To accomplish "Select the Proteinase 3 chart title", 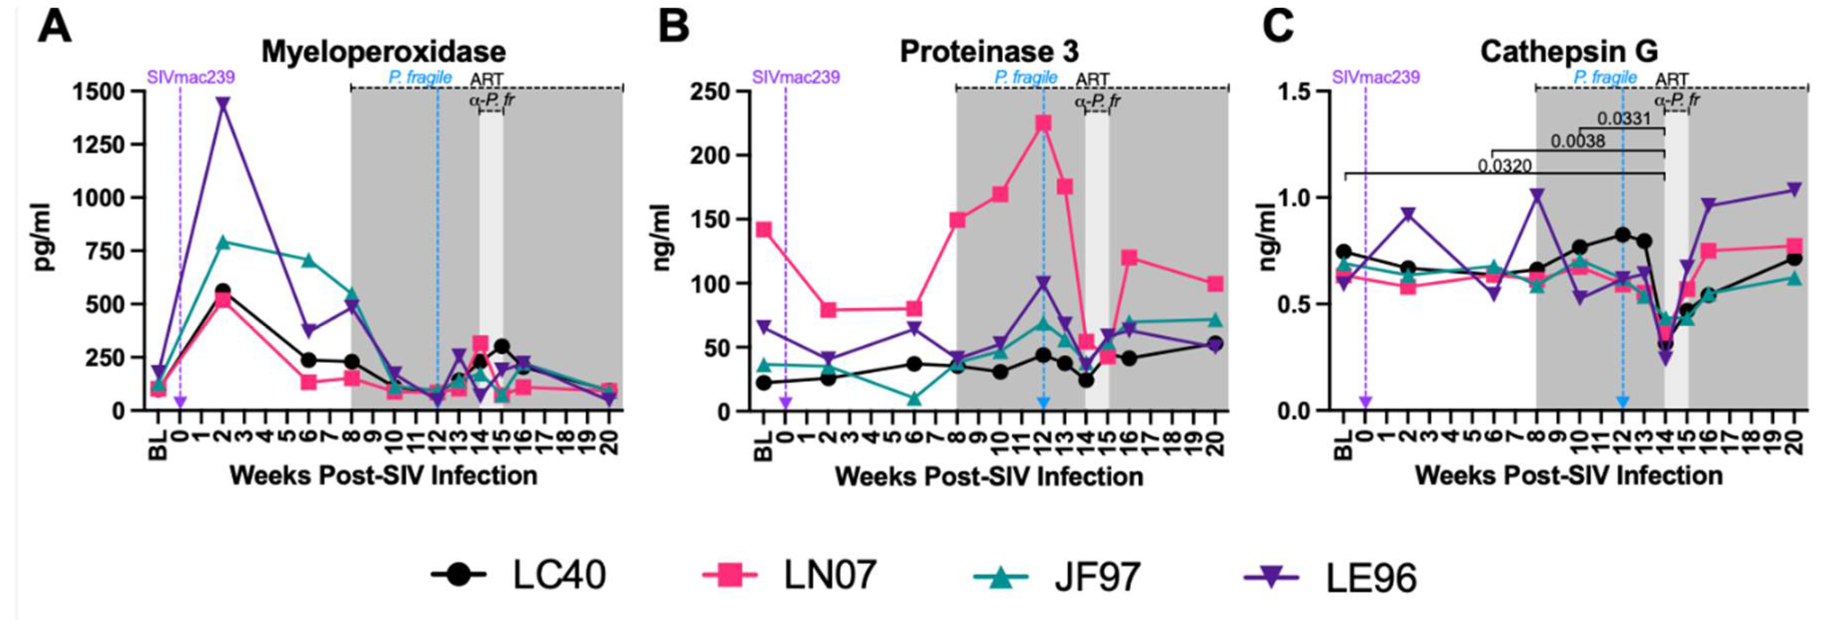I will tap(989, 52).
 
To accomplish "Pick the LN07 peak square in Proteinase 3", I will tap(1043, 122).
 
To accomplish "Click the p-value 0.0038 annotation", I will tap(1577, 141).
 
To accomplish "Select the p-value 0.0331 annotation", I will tap(1623, 118).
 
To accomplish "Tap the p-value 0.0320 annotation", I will tap(1504, 166).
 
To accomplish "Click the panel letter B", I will tap(674, 27).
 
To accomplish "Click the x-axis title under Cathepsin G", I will tap(1569, 475).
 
